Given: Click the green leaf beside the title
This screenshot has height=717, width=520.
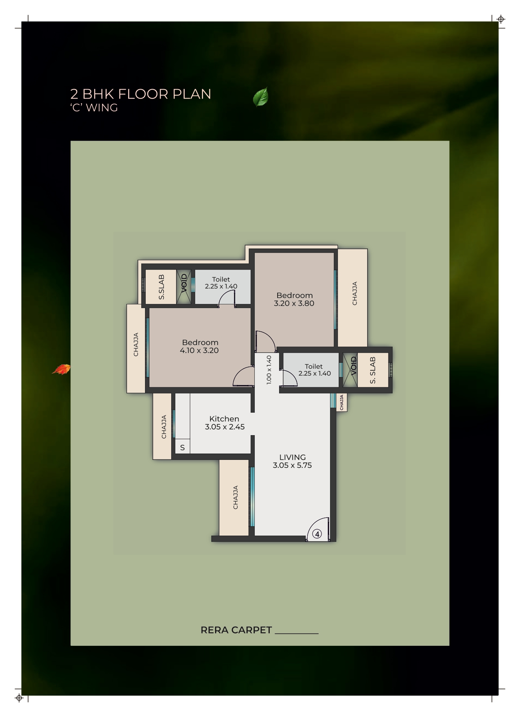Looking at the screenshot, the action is tap(261, 97).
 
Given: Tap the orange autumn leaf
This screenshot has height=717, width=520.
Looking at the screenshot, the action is tap(61, 370).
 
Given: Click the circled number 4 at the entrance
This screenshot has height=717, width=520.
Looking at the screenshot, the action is tap(317, 534).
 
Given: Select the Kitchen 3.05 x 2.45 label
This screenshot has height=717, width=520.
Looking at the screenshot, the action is tap(224, 423).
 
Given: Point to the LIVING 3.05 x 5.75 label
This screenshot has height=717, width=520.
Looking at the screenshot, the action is tap(292, 461).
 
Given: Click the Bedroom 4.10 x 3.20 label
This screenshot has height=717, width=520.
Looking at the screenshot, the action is tap(199, 346).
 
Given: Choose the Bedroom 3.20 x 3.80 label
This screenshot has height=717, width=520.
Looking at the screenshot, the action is tap(294, 299).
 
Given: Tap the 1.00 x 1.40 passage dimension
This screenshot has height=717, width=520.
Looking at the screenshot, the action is tap(269, 370).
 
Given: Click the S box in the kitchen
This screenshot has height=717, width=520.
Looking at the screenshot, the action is tap(182, 448).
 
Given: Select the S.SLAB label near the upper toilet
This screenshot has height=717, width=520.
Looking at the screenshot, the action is tap(161, 287).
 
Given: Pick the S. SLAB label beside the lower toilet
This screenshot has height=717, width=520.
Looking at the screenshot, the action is tap(372, 370).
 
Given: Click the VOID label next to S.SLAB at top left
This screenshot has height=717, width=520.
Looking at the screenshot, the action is tap(184, 283).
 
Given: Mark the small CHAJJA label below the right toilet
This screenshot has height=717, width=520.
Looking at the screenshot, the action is tap(342, 402).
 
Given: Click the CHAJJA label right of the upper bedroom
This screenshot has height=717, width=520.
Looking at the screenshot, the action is tap(354, 293).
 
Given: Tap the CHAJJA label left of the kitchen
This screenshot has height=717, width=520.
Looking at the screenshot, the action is tap(164, 427).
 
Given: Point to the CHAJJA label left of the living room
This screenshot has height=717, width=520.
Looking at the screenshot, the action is tap(235, 497).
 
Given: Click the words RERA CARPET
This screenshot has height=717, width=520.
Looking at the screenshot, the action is tap(236, 630).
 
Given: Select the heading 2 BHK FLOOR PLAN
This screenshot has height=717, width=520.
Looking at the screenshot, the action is tap(141, 94).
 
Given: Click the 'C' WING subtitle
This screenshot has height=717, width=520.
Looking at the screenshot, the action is tap(94, 108).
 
